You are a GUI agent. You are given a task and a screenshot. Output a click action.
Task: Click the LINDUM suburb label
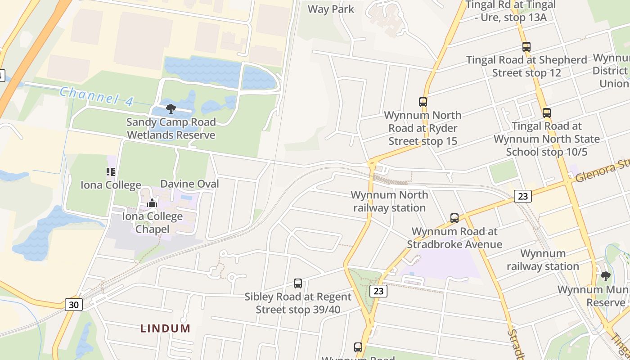tap(165, 328)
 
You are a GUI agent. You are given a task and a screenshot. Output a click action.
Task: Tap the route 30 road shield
tap(74, 305)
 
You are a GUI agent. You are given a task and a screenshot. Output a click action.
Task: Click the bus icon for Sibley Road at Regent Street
tap(297, 283)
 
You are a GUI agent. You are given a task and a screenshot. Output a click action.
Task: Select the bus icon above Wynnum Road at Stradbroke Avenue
tap(454, 218)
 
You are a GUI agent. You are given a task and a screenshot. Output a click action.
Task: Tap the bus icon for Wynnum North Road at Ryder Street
tap(423, 102)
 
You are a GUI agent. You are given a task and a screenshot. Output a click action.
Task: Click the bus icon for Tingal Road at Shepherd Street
tap(526, 46)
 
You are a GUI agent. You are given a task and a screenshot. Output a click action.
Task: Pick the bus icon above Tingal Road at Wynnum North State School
tap(546, 113)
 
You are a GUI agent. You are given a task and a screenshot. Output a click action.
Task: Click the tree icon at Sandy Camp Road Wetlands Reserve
tap(171, 108)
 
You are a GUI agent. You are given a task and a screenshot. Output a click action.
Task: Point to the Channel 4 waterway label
tap(96, 96)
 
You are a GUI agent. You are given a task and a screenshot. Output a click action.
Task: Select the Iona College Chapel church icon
tap(152, 203)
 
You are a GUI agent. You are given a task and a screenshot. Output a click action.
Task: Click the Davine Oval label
tap(189, 184)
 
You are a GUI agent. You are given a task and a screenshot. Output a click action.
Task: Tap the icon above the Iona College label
tap(111, 171)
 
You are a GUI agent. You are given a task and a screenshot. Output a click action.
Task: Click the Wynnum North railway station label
tap(389, 201)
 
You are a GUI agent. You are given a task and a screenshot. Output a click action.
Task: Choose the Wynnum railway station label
tap(543, 260)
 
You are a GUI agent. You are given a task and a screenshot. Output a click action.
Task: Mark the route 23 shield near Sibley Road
tap(378, 291)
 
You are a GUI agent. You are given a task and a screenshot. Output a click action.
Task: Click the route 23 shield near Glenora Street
tap(522, 196)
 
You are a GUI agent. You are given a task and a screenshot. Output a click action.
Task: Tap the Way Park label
tap(331, 9)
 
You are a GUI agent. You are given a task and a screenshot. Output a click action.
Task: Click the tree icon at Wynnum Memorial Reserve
tap(605, 276)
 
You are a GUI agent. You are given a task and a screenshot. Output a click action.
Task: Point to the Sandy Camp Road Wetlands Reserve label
tap(171, 128)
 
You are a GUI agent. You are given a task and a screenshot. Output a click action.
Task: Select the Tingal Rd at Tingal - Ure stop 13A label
tap(511, 11)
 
